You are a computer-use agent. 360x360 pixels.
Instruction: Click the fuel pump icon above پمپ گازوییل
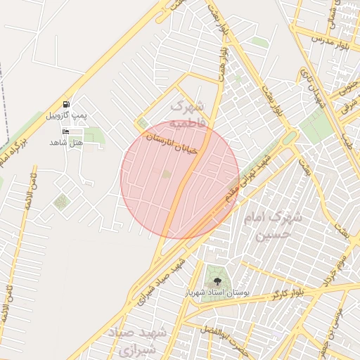[x=67, y=104]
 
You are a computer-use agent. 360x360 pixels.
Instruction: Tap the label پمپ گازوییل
[x=67, y=115]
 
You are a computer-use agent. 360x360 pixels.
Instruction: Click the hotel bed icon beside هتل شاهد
[x=66, y=131]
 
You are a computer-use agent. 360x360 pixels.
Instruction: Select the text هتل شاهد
[x=66, y=142]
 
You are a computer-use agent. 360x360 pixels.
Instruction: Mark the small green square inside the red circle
[x=167, y=174]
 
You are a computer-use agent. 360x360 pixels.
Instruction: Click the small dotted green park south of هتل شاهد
[x=61, y=202]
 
